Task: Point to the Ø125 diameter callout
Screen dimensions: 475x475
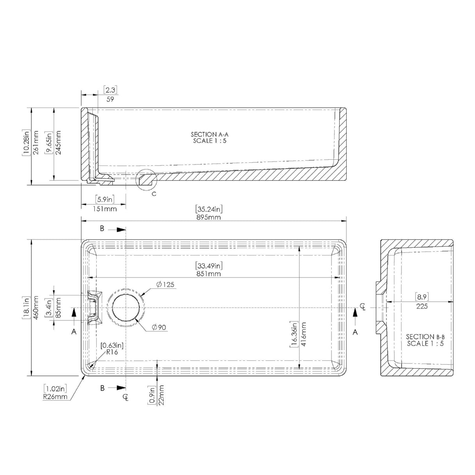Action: click(x=165, y=284)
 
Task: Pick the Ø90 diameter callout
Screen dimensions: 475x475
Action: click(x=159, y=327)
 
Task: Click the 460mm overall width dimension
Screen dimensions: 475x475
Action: click(x=36, y=308)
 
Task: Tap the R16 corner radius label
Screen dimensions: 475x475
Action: click(x=111, y=352)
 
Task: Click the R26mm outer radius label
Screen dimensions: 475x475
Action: click(x=56, y=396)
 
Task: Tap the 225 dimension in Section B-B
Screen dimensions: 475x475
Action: click(x=422, y=306)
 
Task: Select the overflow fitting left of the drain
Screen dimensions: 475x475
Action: click(x=94, y=308)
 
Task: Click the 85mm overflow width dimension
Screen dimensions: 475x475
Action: click(x=59, y=308)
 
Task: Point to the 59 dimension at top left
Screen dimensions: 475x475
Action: click(x=110, y=99)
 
